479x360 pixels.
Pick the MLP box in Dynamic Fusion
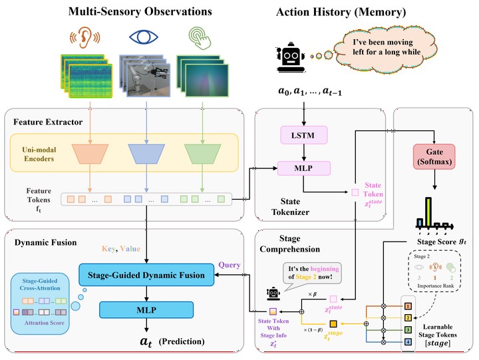pyautogui.click(x=146, y=309)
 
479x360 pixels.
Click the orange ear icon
pyautogui.click(x=84, y=37)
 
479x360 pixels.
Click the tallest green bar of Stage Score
pyautogui.click(x=429, y=214)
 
